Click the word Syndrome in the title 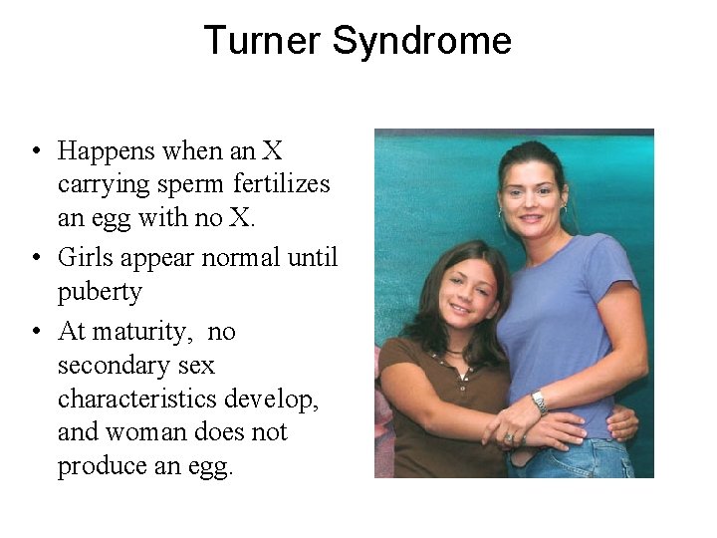tap(422, 41)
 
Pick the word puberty tap(100, 293)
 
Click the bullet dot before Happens tap(35, 152)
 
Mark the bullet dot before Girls tap(35, 258)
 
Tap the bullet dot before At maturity tap(35, 331)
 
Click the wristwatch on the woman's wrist tap(539, 402)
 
